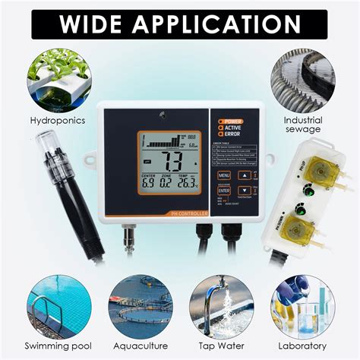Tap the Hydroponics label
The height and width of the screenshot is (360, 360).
(58, 120)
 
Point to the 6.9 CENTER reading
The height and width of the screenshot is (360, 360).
(148, 182)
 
